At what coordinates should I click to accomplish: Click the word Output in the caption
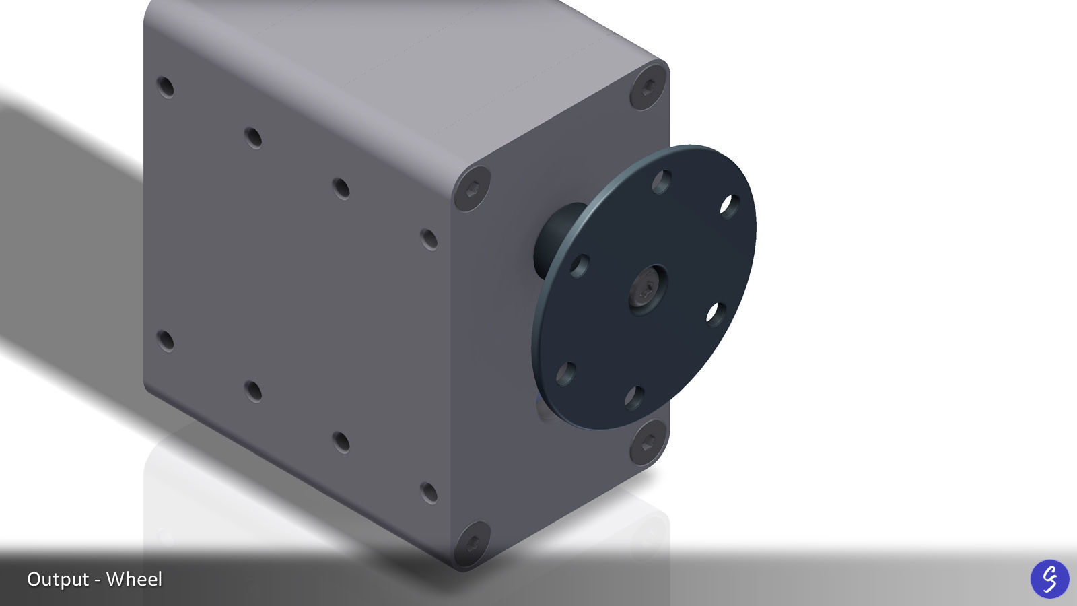(58, 579)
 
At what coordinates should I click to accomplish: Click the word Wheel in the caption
(134, 579)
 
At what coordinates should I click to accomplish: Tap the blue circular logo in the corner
(1049, 578)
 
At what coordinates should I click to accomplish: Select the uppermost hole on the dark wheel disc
(662, 181)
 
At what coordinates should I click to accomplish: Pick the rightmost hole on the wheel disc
(730, 205)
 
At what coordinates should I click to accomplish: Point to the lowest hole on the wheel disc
(634, 397)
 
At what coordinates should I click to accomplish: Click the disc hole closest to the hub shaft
(580, 265)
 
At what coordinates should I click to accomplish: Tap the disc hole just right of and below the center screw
(716, 314)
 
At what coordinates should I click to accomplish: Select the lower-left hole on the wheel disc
(566, 372)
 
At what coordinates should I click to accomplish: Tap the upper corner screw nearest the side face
(472, 189)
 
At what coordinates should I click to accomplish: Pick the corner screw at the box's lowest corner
(472, 543)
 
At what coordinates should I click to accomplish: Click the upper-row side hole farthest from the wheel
(166, 88)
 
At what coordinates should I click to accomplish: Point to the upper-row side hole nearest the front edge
(429, 239)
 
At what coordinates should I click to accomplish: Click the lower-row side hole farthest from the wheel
(166, 341)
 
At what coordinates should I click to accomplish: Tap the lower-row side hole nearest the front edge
(429, 492)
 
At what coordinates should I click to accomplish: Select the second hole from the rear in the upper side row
(253, 138)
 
